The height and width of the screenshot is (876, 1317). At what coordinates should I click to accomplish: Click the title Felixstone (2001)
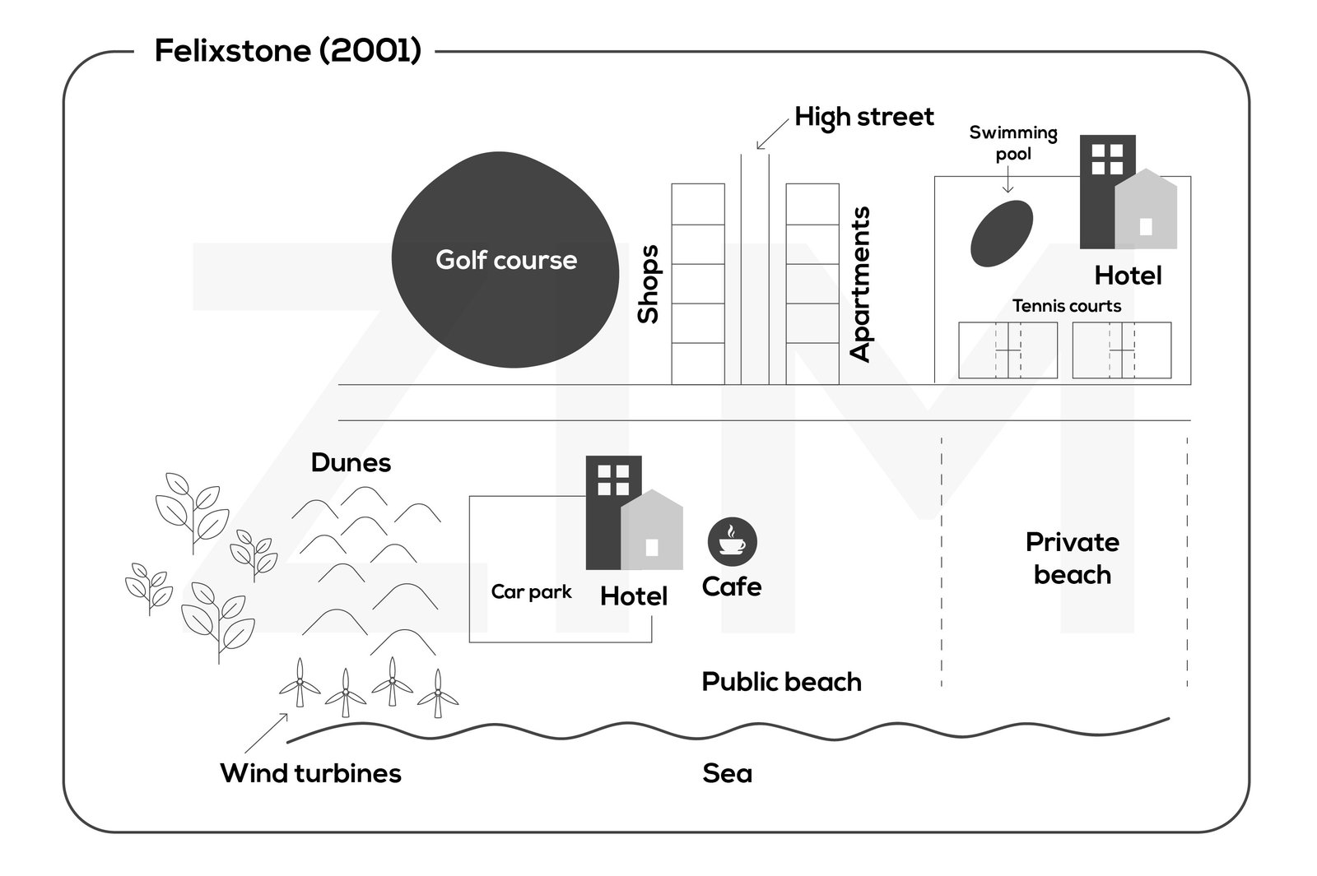coord(287,51)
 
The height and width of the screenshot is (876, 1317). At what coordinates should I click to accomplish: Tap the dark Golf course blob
coord(504,260)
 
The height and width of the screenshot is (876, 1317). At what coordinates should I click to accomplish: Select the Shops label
coord(649,284)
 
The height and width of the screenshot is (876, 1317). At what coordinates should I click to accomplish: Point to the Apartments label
coord(860,284)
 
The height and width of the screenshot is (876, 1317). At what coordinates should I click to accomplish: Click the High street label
coord(863,117)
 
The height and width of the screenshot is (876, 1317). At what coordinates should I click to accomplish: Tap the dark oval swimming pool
coord(1001,233)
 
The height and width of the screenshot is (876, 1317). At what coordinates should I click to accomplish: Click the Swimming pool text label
coord(1012,143)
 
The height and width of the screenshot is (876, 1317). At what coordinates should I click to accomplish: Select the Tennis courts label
coord(1066,306)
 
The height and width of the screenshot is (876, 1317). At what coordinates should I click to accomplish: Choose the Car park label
coord(531,591)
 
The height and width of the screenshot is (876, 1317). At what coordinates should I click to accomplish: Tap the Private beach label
coord(1072,558)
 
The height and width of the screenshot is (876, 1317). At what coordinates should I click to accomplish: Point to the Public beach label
coord(781,682)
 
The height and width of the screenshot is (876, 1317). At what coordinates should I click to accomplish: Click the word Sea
coord(727,773)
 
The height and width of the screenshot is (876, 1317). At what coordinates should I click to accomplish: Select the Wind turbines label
coord(310,773)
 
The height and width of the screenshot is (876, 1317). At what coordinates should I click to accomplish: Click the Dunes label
coord(351,462)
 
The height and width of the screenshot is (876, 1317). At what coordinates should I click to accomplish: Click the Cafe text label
coord(731,586)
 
